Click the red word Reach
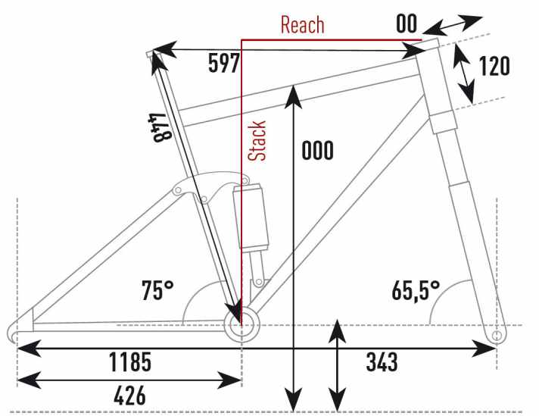pyautogui.click(x=302, y=24)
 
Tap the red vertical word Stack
pyautogui.click(x=258, y=140)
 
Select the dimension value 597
pyautogui.click(x=223, y=64)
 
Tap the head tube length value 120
pyautogui.click(x=494, y=66)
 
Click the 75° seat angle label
pyautogui.click(x=157, y=290)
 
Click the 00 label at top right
pyautogui.click(x=407, y=23)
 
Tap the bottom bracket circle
pyautogui.click(x=241, y=325)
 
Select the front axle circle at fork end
pyautogui.click(x=496, y=335)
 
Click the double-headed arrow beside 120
pyautogui.click(x=463, y=73)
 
